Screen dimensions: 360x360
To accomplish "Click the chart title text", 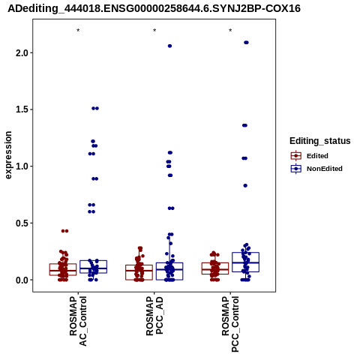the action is coord(154,9).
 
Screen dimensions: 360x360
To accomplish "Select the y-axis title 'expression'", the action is coord(8,155).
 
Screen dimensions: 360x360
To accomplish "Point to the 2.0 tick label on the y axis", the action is coord(22,53).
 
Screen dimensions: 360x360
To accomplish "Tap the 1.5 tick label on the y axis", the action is coord(22,109).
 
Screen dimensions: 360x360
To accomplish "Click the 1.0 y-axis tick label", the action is coord(22,166).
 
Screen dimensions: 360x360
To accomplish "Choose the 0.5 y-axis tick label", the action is coord(22,223).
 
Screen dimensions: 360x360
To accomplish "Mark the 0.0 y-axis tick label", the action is coord(22,280).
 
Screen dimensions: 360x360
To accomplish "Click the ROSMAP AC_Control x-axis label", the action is coord(78,321).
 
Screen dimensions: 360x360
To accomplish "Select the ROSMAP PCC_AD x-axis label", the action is coord(154,316).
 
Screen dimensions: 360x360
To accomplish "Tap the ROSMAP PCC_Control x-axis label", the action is coord(230,324).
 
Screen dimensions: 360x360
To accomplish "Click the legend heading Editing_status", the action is coord(320,141).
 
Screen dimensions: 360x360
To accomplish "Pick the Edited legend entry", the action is coord(310,156).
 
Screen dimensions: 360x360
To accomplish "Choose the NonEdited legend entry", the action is coord(316,169).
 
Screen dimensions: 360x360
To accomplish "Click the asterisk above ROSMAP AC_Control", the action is coord(78,31).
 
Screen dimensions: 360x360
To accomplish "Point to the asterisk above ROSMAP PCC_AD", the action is coord(154,31).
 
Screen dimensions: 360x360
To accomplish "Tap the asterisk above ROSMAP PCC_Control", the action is coord(230,31).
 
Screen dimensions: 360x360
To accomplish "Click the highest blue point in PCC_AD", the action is coord(169,46).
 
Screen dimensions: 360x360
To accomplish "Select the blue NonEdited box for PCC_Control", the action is coord(245,262).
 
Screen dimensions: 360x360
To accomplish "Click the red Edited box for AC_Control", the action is coord(63,270).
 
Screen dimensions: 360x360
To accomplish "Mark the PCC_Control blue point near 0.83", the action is coord(245,186).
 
